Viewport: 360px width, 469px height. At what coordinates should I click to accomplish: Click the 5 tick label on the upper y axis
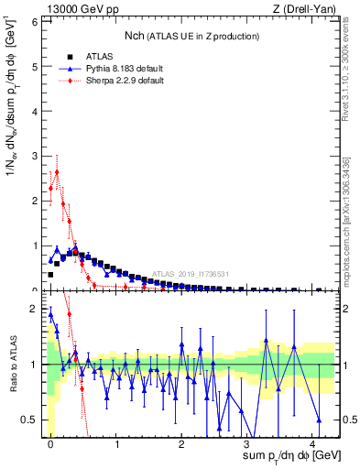coord(35,64)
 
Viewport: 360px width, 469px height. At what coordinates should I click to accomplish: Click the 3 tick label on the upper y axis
coord(35,155)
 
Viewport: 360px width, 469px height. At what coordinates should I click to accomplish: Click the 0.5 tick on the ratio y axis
coord(30,420)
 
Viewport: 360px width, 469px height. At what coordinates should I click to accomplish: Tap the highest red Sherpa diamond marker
coord(57,171)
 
